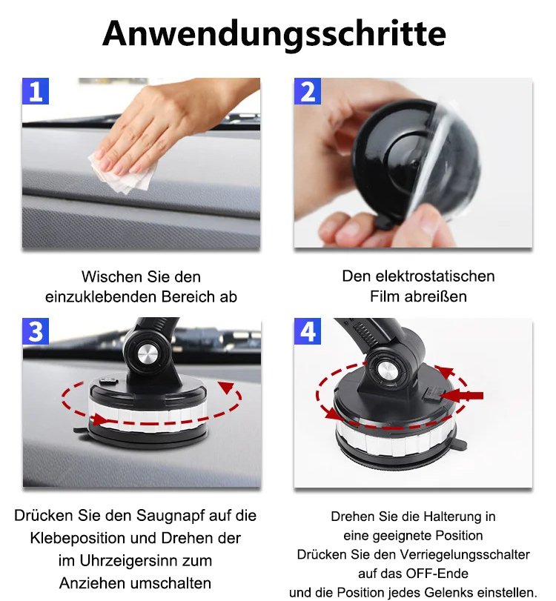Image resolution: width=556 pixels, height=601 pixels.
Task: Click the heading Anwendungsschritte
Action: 274,35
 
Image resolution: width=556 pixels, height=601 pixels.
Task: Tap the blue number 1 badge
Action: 36,91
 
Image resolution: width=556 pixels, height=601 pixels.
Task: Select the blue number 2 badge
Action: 308,91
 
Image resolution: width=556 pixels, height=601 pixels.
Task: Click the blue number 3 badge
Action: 36,331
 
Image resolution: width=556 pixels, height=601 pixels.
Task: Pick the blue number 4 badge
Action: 308,331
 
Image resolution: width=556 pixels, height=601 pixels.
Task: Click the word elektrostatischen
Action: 435,276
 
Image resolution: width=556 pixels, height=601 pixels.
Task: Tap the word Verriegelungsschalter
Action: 465,554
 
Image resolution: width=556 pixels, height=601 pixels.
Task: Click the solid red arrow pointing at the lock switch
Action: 462,396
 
